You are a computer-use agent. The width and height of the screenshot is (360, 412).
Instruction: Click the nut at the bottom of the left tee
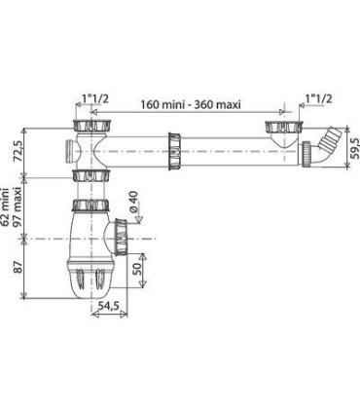(x=88, y=174)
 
